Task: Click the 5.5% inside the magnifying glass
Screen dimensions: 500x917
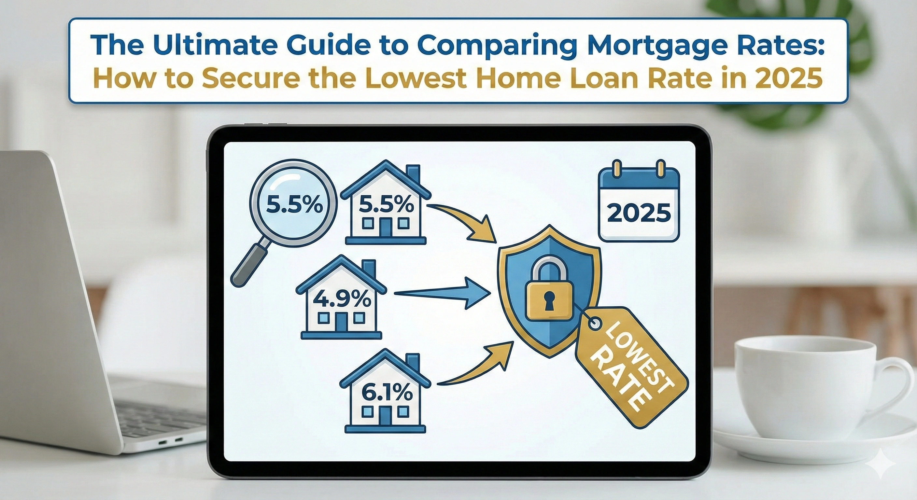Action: (292, 206)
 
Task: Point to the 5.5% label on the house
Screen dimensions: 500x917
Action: (386, 205)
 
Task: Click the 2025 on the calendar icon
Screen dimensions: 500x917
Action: (639, 214)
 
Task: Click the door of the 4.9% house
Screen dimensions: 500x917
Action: (341, 322)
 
